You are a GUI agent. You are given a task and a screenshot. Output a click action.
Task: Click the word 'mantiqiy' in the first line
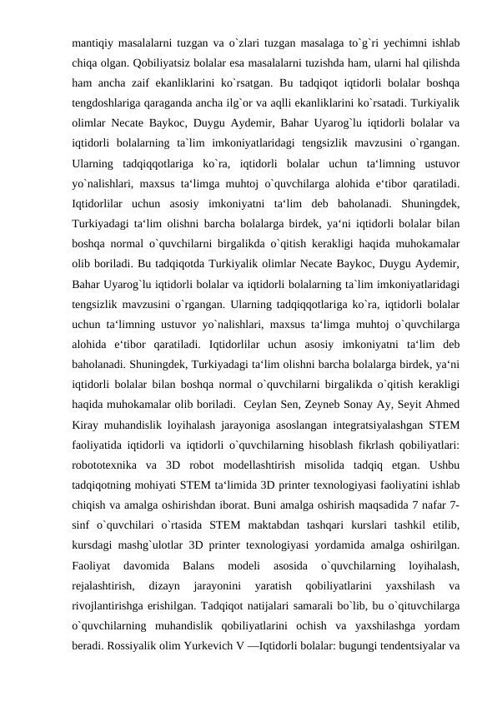pos(94,39)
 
